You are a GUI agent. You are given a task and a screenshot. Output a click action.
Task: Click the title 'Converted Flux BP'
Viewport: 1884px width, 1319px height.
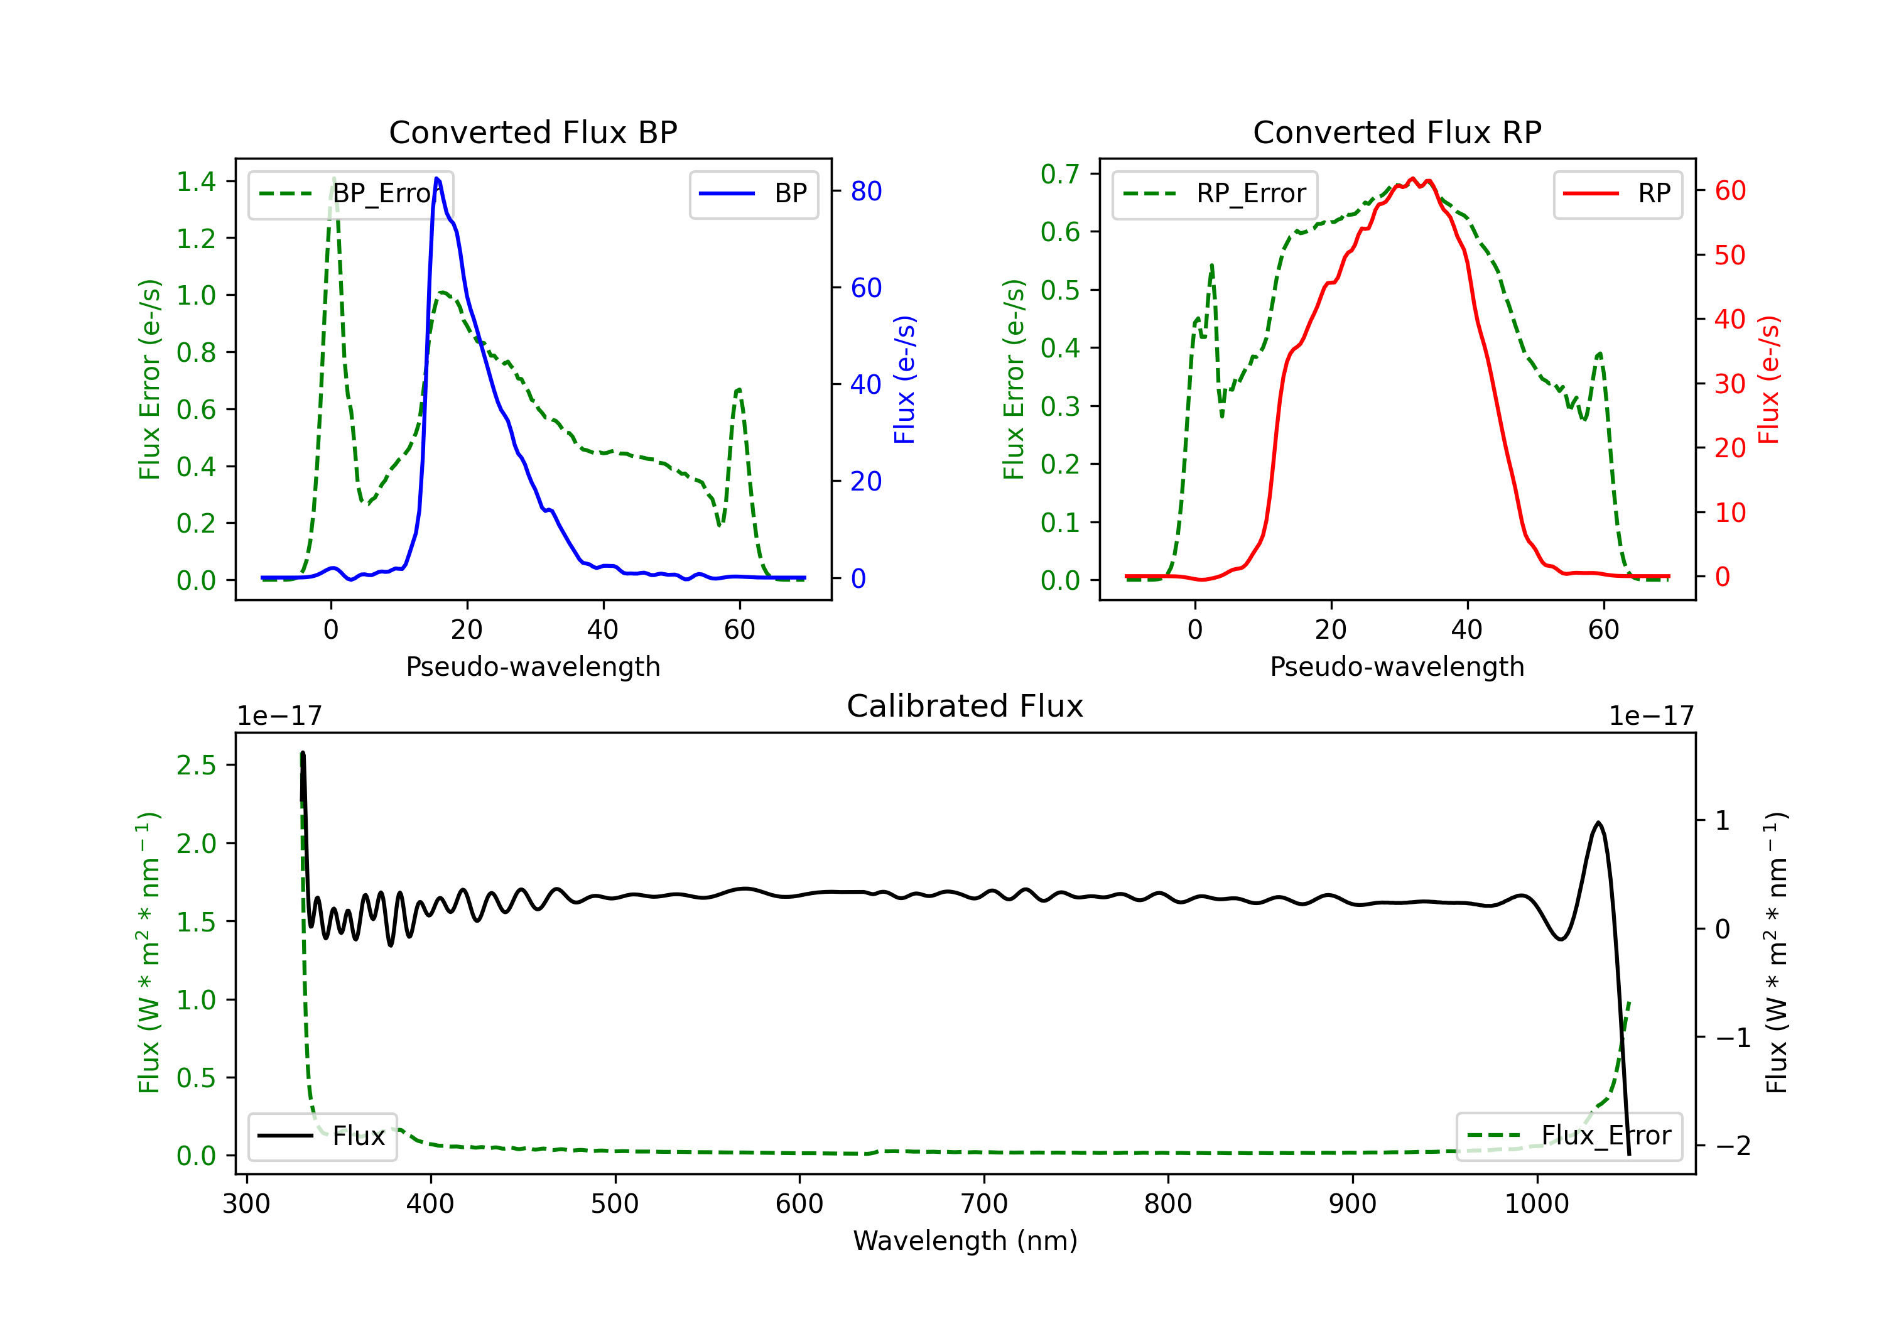click(x=533, y=132)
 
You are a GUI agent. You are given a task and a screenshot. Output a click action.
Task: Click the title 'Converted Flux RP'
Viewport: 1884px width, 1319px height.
click(x=1397, y=132)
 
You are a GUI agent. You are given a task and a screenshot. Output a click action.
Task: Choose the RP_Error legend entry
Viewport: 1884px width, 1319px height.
click(x=1215, y=193)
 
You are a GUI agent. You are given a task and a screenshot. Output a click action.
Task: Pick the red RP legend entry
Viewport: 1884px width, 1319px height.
click(x=1617, y=193)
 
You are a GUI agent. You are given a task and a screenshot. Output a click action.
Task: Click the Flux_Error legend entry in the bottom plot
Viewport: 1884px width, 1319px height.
click(x=1569, y=1136)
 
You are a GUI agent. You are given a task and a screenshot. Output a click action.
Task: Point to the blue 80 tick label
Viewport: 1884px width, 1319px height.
click(x=865, y=191)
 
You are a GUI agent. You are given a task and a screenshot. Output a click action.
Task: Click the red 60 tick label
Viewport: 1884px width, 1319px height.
click(x=1730, y=191)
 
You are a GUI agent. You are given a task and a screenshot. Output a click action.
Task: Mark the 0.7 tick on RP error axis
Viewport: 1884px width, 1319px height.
click(x=1060, y=174)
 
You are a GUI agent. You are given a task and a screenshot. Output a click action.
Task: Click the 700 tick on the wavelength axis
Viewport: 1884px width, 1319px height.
click(x=983, y=1204)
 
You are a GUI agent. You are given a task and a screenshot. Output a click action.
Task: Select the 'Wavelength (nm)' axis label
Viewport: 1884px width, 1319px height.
click(x=965, y=1241)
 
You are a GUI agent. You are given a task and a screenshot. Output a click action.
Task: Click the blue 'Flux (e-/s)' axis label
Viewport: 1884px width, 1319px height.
click(x=904, y=379)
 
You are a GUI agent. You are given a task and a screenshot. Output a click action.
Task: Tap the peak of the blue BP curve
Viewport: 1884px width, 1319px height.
click(x=436, y=178)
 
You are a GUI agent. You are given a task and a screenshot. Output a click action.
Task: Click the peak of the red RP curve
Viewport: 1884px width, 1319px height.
click(x=1412, y=178)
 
